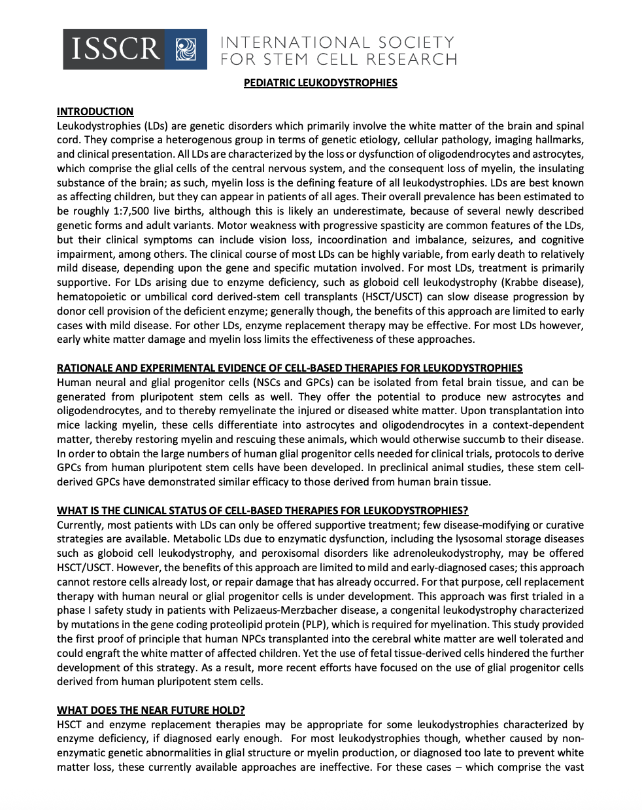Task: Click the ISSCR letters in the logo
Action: coord(115,49)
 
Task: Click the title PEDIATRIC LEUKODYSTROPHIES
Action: coord(320,83)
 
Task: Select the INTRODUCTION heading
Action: coord(95,112)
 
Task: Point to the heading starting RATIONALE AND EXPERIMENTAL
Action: coord(290,368)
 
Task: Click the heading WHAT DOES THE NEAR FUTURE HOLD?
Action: coord(150,711)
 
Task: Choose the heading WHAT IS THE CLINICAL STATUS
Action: coord(262,511)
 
